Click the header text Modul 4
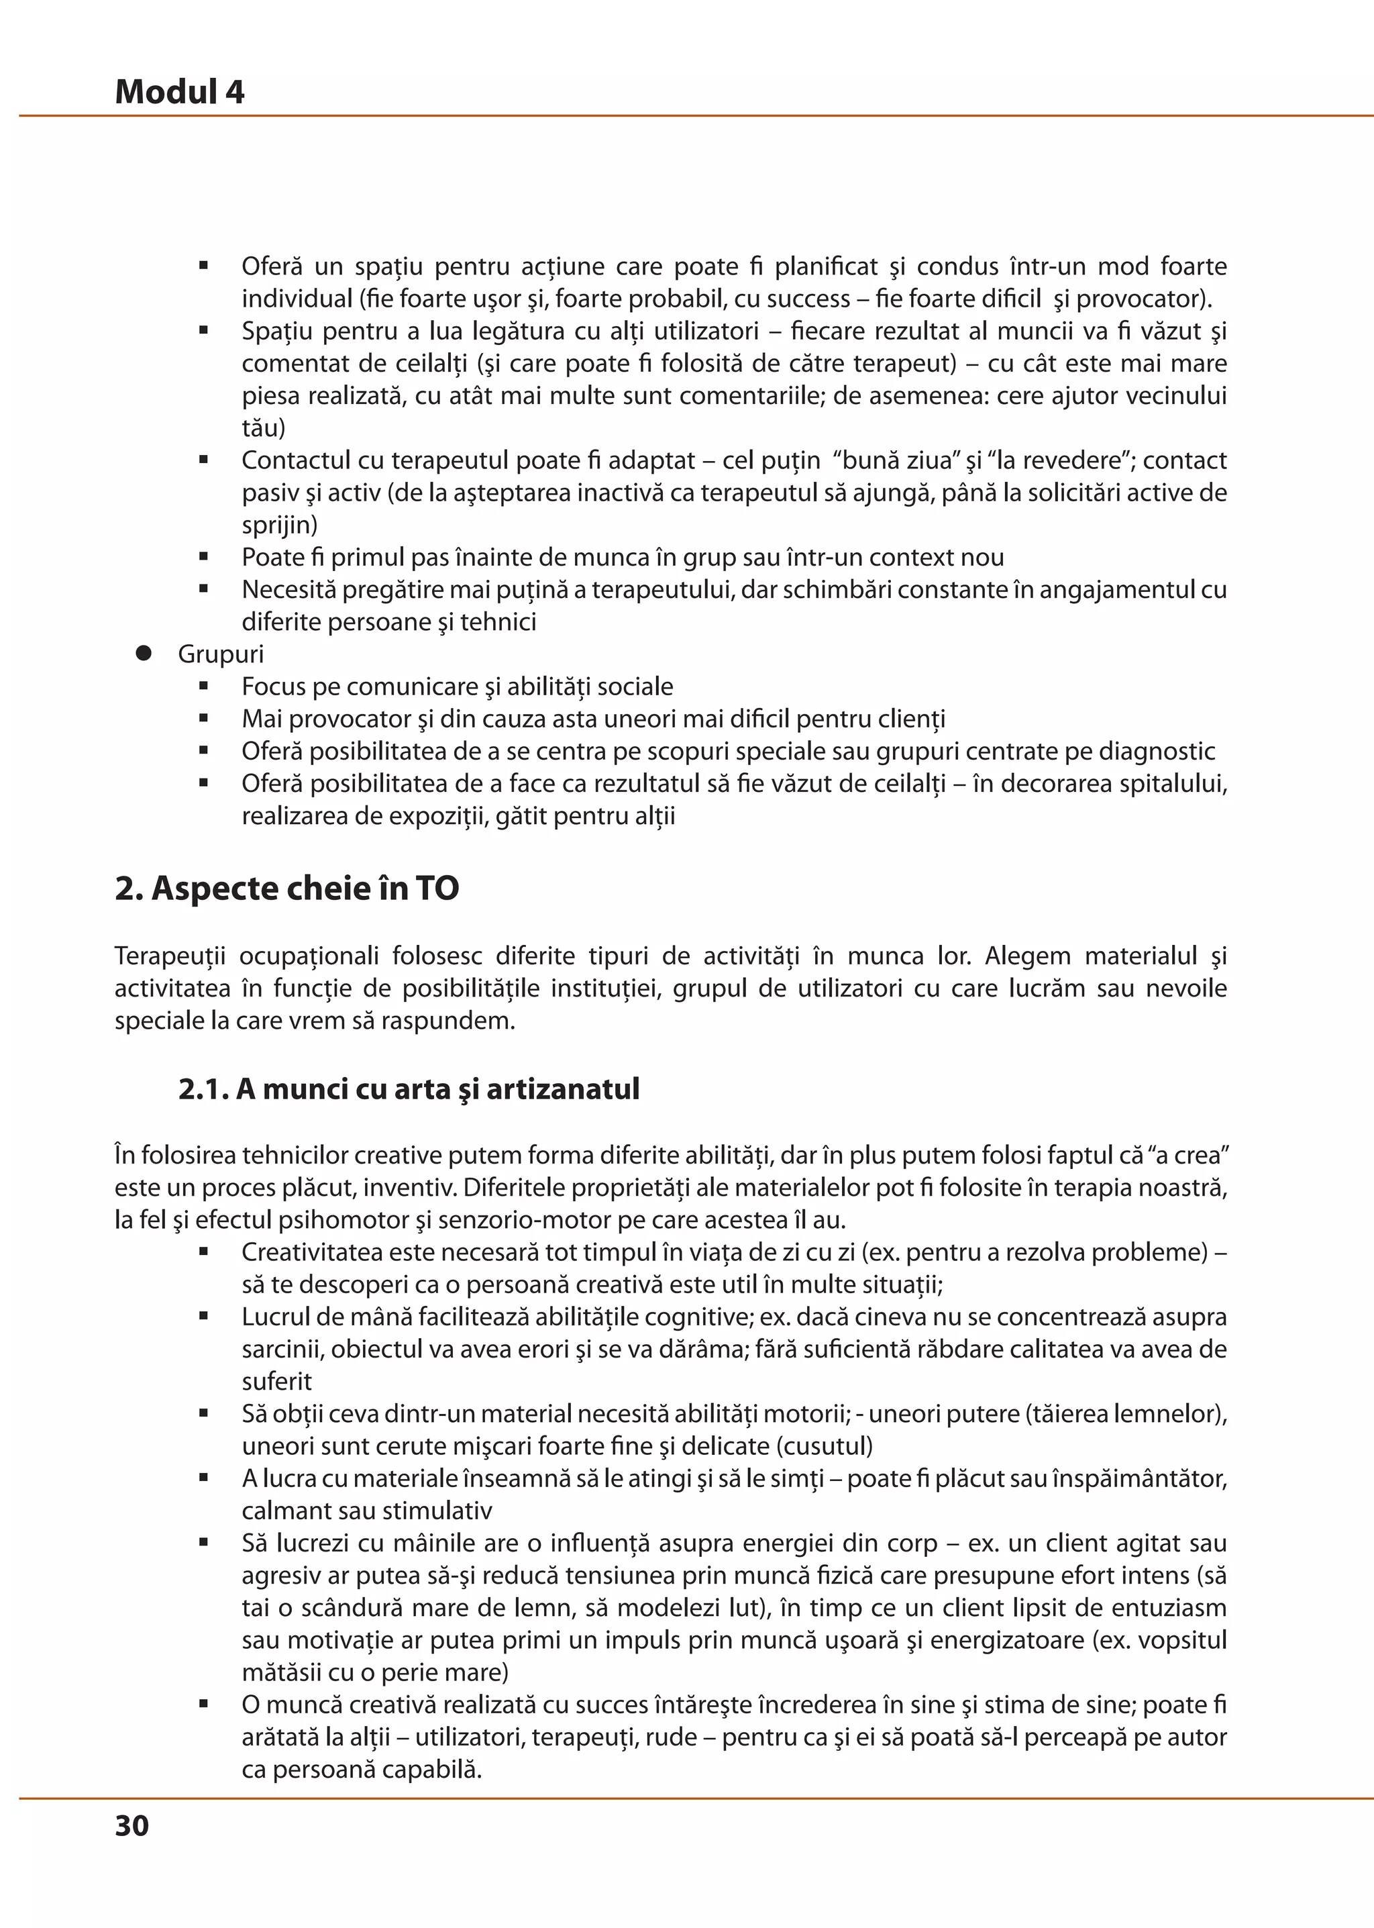(179, 91)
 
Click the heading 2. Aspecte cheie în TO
(287, 889)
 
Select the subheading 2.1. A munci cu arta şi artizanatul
(409, 1088)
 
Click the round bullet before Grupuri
(144, 654)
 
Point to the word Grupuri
(221, 654)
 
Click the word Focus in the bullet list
(273, 687)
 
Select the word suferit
(276, 1382)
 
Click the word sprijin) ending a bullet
(279, 525)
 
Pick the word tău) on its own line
(263, 428)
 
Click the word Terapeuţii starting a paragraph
(170, 956)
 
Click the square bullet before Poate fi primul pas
(204, 557)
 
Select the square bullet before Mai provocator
(204, 719)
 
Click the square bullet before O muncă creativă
(204, 1705)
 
